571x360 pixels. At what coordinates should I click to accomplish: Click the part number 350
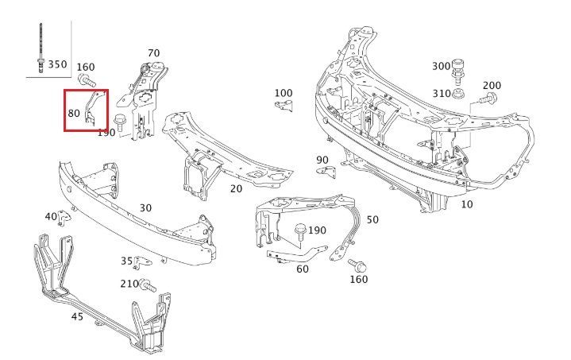[57, 64]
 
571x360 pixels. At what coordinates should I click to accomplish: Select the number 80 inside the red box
[73, 114]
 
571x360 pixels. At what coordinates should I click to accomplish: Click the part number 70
[153, 53]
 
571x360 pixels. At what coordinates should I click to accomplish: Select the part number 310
[440, 94]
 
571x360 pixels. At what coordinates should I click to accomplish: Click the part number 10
[466, 205]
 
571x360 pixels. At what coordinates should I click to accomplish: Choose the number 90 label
[322, 160]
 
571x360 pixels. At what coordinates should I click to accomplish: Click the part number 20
[236, 189]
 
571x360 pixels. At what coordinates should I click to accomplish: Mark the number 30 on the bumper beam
[145, 207]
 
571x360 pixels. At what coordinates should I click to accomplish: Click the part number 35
[126, 260]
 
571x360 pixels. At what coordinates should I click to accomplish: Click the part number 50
[372, 219]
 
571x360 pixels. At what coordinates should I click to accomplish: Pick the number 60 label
[303, 269]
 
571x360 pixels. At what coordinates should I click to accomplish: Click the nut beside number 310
[459, 95]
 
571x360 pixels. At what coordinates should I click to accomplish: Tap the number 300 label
[441, 65]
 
